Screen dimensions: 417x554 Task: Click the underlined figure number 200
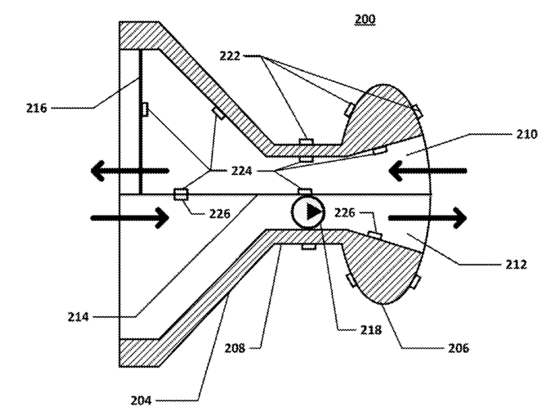[x=364, y=20]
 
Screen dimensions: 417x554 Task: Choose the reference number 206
[x=454, y=347]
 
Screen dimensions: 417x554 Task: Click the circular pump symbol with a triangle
[x=308, y=212]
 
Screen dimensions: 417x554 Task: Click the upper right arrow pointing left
[x=427, y=172]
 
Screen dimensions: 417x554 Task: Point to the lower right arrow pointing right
[x=427, y=216]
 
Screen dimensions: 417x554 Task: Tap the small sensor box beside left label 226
[x=180, y=194]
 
